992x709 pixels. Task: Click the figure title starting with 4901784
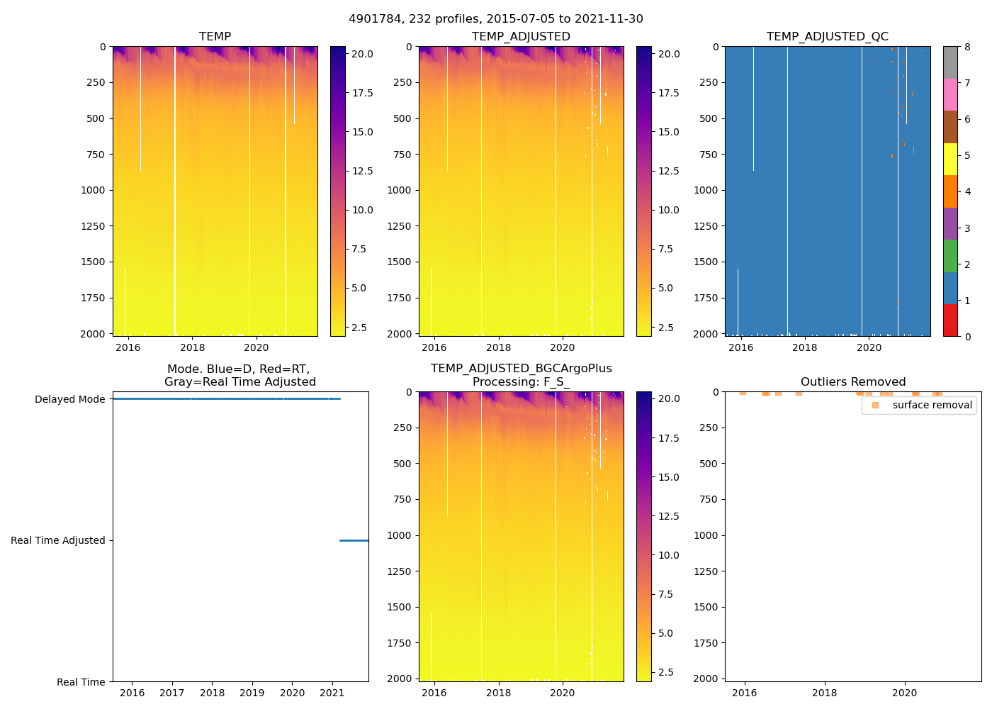tap(496, 19)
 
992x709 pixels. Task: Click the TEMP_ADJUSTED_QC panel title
tap(827, 36)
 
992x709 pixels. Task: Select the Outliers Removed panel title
tap(853, 381)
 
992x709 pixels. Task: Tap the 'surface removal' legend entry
tap(932, 405)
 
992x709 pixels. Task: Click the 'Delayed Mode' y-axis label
tap(69, 399)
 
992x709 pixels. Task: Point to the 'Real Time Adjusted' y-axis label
tap(57, 540)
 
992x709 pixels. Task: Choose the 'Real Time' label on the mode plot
tap(81, 682)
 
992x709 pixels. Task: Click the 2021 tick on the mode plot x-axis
tap(332, 693)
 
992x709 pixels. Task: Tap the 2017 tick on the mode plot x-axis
tap(172, 693)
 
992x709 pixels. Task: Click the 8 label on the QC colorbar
tap(967, 47)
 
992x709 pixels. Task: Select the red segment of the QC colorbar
tap(950, 320)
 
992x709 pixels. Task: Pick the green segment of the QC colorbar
tap(950, 256)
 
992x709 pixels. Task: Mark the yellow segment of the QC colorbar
tap(950, 160)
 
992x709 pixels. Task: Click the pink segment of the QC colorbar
tap(950, 95)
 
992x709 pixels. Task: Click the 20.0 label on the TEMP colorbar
tap(363, 54)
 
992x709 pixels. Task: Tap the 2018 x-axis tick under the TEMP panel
tap(192, 347)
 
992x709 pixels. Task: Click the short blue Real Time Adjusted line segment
tap(354, 540)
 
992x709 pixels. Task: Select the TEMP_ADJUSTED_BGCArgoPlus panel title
tap(521, 375)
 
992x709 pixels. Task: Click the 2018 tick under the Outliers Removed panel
tap(824, 693)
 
